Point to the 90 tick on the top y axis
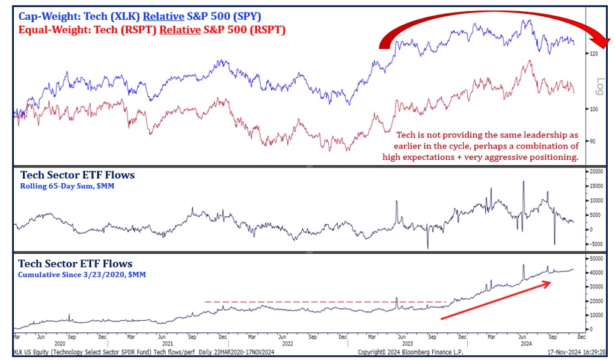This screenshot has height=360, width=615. point(593,141)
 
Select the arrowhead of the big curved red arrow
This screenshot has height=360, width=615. point(602,42)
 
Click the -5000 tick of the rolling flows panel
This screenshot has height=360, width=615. point(595,244)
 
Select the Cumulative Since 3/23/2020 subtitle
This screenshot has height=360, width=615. point(82,274)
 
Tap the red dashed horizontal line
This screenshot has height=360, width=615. point(325,302)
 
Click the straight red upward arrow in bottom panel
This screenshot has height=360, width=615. point(496,299)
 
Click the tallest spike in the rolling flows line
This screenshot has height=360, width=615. point(524,181)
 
